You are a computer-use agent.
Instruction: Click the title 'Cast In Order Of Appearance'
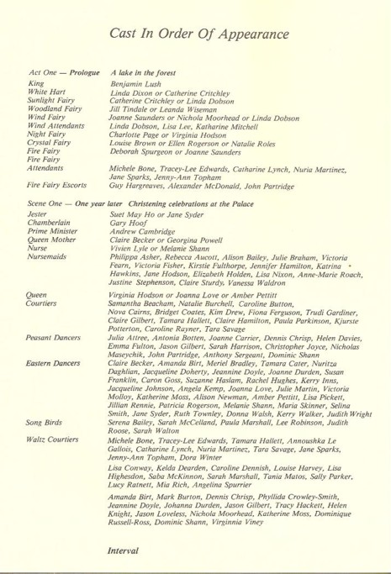point(199,33)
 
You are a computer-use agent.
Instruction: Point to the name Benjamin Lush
point(136,85)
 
